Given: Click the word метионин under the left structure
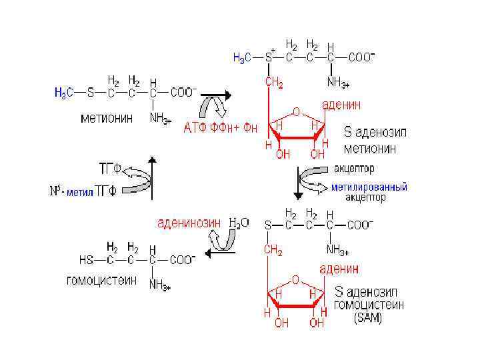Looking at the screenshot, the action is pos(106,119).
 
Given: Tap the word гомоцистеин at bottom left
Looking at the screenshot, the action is pos(101,281).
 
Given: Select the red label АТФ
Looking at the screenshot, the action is pos(195,129).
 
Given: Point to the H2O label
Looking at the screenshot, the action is pos(239,223).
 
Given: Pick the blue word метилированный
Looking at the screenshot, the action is pos(369,187).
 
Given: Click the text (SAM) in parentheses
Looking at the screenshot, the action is pos(368,318).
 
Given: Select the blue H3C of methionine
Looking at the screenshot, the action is pos(65,93).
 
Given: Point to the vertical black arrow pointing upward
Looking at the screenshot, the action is pos(153,177).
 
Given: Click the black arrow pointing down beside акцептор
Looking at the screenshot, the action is pos(298,183).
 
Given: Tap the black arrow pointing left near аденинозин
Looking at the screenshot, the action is pos(215,251).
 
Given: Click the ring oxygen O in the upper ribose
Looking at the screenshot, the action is pos(296,112).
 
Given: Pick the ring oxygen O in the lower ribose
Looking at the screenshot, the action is pos(296,280).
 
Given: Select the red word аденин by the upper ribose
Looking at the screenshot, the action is pos(342,105).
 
